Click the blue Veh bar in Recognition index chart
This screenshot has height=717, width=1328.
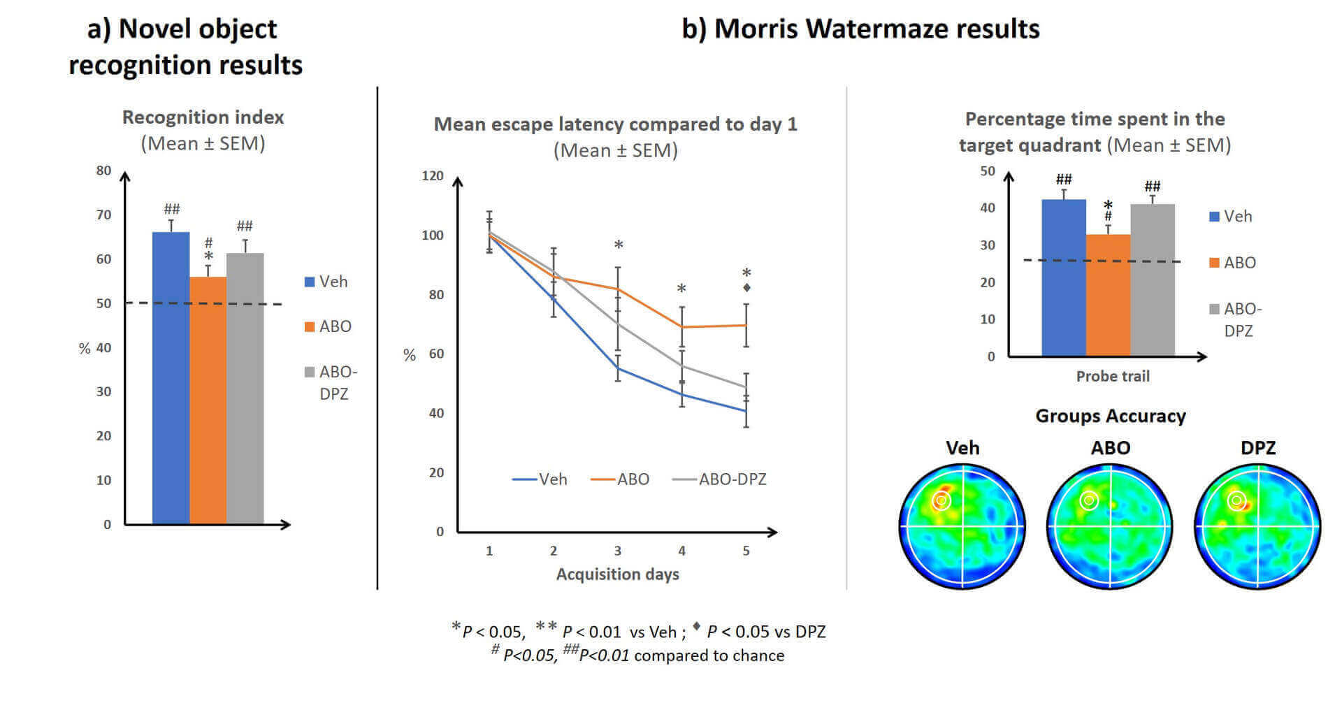pyautogui.click(x=171, y=377)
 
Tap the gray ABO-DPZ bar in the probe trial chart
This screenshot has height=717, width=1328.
pyautogui.click(x=1152, y=280)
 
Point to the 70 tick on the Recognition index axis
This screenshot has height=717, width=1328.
pyautogui.click(x=103, y=215)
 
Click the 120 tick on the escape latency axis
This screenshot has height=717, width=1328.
pyautogui.click(x=433, y=175)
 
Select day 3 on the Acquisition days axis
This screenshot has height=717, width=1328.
pyautogui.click(x=618, y=551)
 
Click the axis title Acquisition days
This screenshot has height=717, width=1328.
pyautogui.click(x=617, y=574)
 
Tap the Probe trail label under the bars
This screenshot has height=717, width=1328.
pyautogui.click(x=1112, y=376)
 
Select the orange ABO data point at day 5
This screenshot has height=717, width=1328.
pyautogui.click(x=746, y=325)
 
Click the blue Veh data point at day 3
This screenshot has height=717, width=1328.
pyautogui.click(x=618, y=368)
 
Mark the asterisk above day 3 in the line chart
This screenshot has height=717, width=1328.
pyautogui.click(x=619, y=245)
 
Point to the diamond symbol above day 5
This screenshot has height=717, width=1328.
pyautogui.click(x=746, y=288)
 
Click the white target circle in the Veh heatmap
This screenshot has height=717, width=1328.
pyautogui.click(x=941, y=500)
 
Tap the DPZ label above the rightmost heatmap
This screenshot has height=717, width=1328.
pyautogui.click(x=1257, y=447)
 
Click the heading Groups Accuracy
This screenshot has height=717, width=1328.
pyautogui.click(x=1110, y=416)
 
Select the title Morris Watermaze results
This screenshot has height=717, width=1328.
pyautogui.click(x=860, y=29)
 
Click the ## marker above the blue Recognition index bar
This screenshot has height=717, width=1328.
pyautogui.click(x=171, y=209)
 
